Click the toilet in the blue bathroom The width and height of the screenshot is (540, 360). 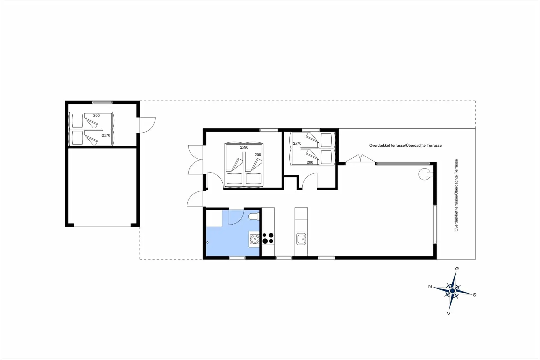[x=253, y=216]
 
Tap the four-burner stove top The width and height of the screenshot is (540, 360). [x=268, y=238]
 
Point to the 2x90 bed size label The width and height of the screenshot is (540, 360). [x=244, y=147]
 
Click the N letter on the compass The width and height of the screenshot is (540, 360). [x=430, y=287]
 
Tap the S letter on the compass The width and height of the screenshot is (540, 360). [x=474, y=295]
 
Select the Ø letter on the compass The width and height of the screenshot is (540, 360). [x=457, y=269]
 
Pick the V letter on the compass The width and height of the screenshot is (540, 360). [x=449, y=314]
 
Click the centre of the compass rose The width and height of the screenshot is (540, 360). [x=452, y=291]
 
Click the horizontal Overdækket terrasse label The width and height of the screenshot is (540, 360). [x=405, y=146]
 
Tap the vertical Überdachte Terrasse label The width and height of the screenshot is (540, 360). [x=456, y=195]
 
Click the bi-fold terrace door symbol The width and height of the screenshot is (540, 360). [x=360, y=159]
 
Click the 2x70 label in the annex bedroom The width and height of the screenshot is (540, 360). [x=106, y=135]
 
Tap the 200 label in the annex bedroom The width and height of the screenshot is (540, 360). [x=96, y=115]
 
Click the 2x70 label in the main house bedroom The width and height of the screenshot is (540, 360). [x=297, y=143]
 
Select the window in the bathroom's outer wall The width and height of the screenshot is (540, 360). [x=237, y=258]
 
